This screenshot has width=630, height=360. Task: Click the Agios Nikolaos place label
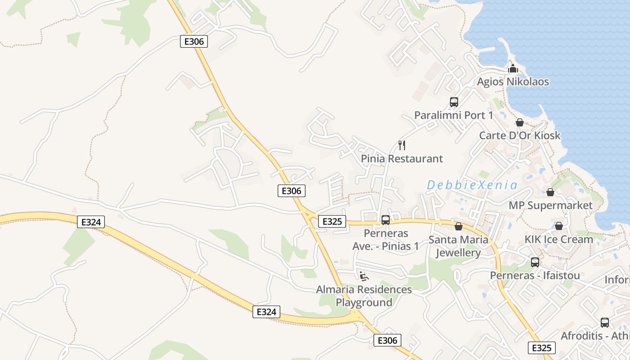[x=513, y=82]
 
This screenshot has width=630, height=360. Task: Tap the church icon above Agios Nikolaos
[x=513, y=69]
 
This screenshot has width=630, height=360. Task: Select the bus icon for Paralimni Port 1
[x=454, y=102]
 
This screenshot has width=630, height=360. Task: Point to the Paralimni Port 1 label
[x=454, y=115]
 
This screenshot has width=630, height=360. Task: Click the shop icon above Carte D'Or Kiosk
[x=520, y=122]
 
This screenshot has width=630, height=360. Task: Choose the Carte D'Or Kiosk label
[x=520, y=135]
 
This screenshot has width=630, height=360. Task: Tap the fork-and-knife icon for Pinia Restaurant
[x=402, y=145]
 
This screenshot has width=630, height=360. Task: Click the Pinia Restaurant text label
[x=402, y=159]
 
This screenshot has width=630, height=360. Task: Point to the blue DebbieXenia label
[x=472, y=185]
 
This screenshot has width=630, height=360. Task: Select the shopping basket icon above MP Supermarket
[x=550, y=193]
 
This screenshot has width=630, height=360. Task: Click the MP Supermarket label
[x=550, y=206]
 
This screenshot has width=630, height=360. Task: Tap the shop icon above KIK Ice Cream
[x=558, y=226]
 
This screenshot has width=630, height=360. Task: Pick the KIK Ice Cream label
[x=559, y=239]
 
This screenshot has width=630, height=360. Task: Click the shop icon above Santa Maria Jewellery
[x=459, y=226]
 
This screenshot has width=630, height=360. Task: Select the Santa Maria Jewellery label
[x=458, y=246]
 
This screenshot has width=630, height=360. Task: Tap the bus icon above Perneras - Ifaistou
[x=535, y=262]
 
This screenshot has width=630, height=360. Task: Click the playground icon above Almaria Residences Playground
[x=364, y=276]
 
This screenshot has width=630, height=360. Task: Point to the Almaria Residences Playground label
[x=364, y=296]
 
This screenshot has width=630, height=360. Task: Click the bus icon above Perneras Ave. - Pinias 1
[x=386, y=220]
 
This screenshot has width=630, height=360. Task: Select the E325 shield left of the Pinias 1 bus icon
[x=332, y=221]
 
